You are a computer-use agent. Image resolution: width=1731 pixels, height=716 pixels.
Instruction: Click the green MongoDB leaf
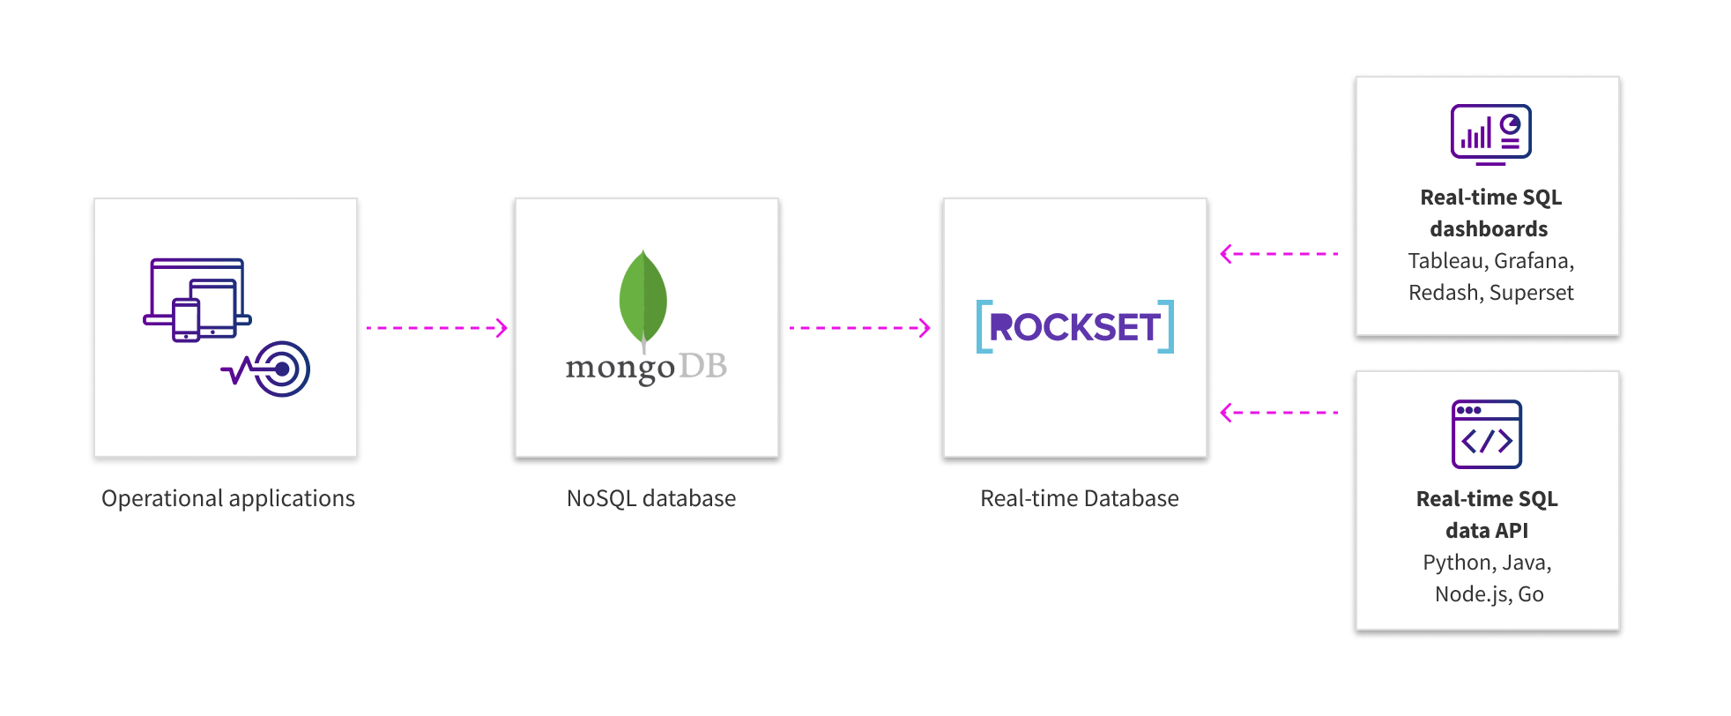(x=643, y=298)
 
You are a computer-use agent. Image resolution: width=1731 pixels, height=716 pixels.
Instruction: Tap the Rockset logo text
(x=1075, y=327)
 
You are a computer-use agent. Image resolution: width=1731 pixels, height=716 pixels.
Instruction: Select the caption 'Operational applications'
(x=228, y=498)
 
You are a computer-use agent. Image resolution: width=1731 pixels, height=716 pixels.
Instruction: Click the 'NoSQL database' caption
(x=651, y=498)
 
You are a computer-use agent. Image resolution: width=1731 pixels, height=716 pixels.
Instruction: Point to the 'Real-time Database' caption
(x=1079, y=498)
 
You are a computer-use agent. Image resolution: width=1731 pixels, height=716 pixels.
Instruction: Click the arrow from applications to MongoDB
(x=436, y=328)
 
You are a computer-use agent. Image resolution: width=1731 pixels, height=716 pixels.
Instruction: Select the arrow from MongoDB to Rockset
(x=859, y=328)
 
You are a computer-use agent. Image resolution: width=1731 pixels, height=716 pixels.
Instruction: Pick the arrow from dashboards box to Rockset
(x=1279, y=254)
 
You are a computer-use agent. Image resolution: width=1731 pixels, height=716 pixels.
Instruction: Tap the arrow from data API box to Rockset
(x=1279, y=413)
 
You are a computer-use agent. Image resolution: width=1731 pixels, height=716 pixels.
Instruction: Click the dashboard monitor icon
(x=1490, y=134)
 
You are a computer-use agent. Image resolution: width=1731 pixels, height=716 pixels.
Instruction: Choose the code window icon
(x=1487, y=435)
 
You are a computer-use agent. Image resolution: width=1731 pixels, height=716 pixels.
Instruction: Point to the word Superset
(x=1531, y=293)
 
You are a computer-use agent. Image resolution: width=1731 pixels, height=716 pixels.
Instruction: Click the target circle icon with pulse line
(x=280, y=369)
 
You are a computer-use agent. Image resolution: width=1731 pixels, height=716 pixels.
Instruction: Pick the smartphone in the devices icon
(x=186, y=320)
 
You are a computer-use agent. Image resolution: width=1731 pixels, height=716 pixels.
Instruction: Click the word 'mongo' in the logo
(x=620, y=368)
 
